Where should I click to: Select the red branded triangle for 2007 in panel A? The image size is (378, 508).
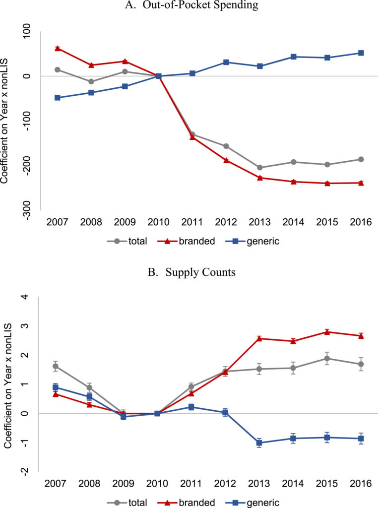[58, 48]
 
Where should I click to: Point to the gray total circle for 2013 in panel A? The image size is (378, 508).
[260, 168]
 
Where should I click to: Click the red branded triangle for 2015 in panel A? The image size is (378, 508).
[327, 183]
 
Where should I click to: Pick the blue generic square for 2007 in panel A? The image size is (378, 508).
[58, 98]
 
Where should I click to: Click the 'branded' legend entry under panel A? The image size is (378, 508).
[190, 242]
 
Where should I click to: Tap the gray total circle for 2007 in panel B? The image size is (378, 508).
[56, 367]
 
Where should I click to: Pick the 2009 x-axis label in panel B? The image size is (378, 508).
[124, 483]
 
